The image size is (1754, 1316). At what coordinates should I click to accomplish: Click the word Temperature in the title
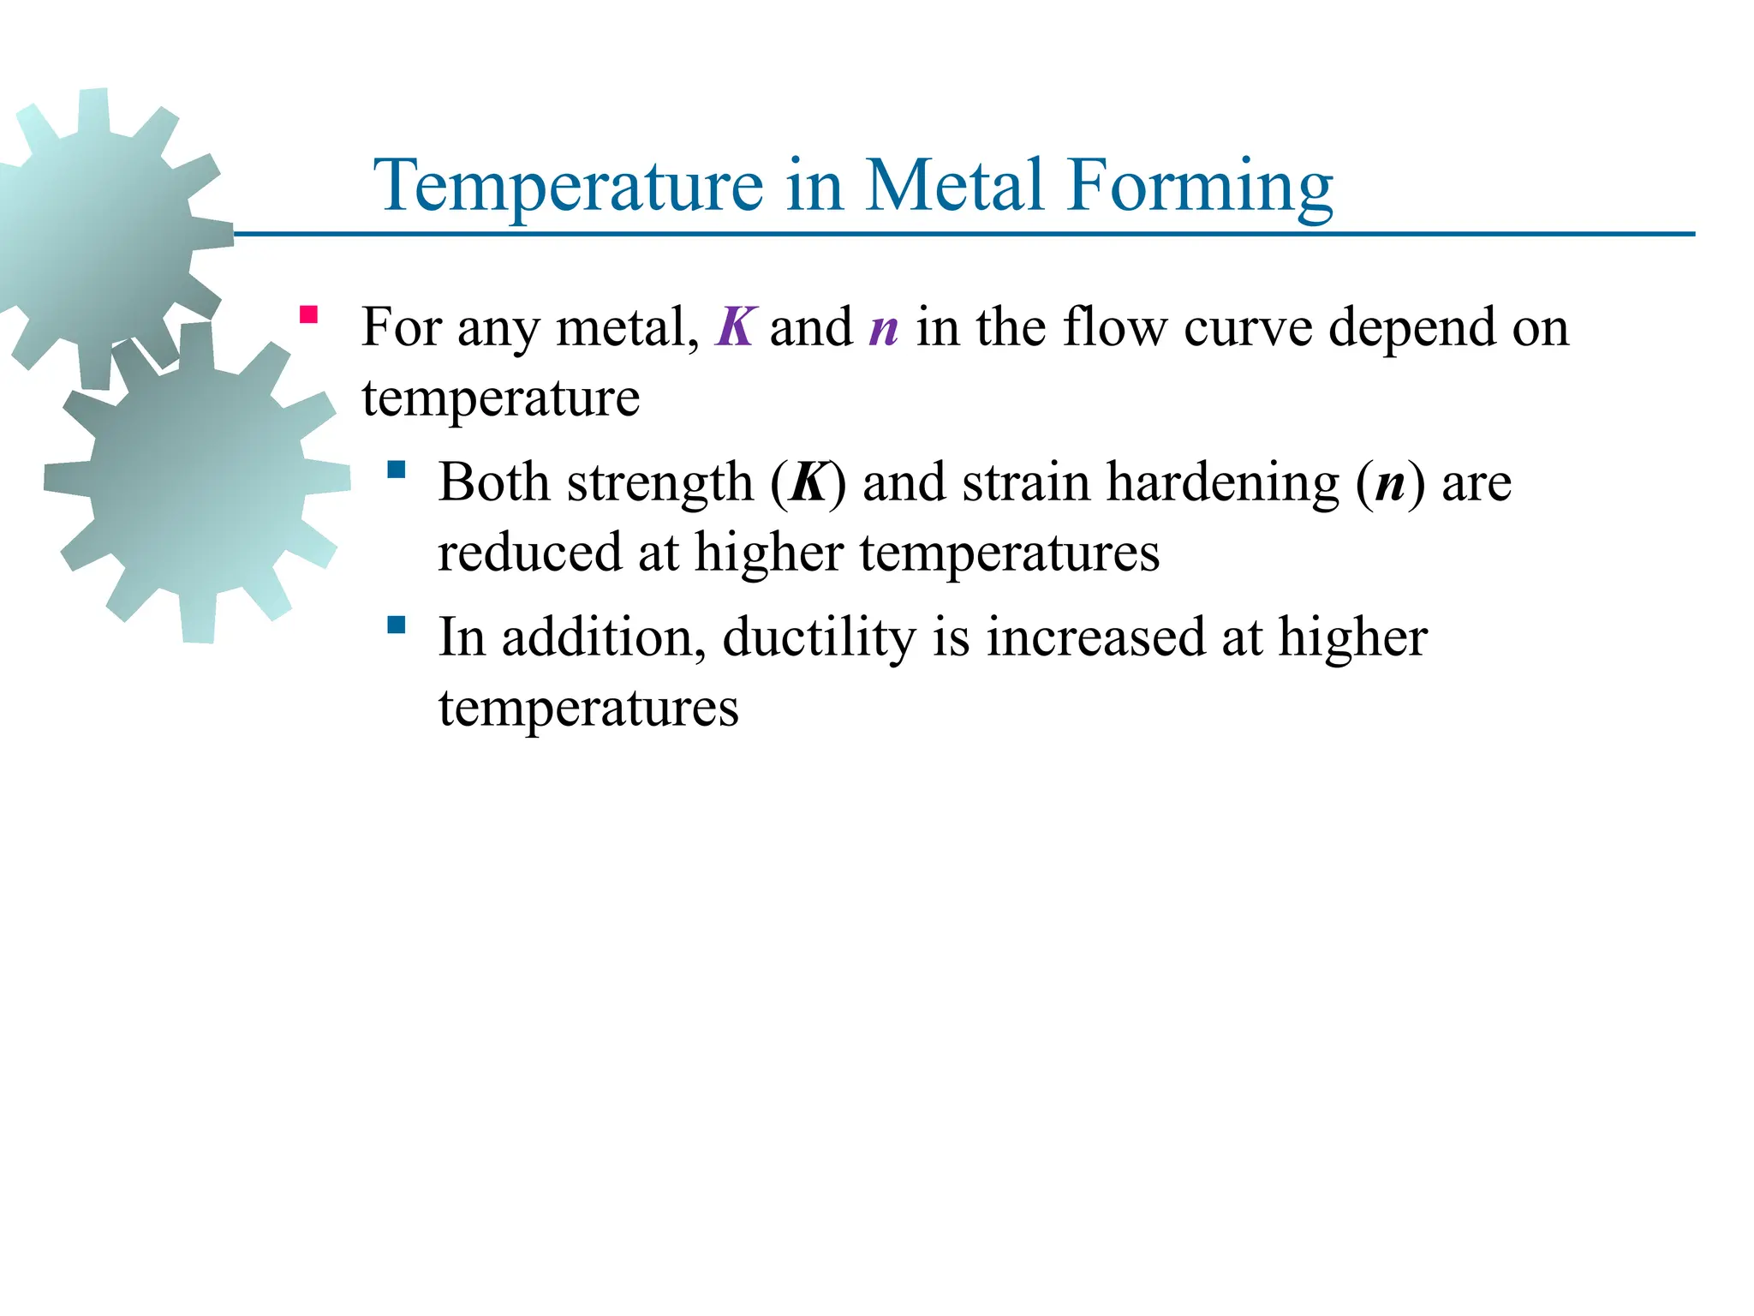coord(569,186)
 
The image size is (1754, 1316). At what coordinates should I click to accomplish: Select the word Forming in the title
coord(1199,186)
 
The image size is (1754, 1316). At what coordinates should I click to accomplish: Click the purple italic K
coord(735,327)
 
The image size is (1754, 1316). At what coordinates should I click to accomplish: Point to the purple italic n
coord(884,329)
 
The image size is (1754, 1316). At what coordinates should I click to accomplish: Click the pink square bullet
coord(308,314)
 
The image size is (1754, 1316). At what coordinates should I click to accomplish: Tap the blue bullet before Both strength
coord(396,470)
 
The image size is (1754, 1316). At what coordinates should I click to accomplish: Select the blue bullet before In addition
coord(396,625)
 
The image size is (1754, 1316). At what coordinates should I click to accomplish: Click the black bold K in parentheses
coord(808,482)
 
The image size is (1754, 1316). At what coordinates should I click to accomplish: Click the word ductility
coord(819,638)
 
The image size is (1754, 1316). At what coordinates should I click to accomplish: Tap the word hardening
coord(1223,482)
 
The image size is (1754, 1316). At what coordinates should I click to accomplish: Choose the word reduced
coord(529,553)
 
